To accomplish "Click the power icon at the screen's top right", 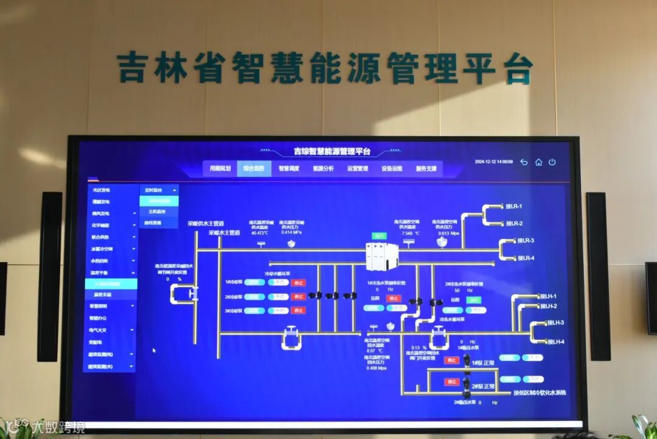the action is tap(552, 162).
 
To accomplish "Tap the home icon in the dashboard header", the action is tap(538, 162).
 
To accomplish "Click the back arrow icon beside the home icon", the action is tap(524, 162).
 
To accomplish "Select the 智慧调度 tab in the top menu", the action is tap(289, 168).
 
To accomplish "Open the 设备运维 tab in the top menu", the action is tap(392, 168).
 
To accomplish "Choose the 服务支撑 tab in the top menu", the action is tap(426, 168).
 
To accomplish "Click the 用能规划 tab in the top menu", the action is tap(220, 168).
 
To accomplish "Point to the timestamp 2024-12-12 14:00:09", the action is tap(493, 162).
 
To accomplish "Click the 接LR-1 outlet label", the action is tap(514, 207).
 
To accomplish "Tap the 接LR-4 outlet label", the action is tap(526, 258).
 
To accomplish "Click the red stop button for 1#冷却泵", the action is tap(298, 283).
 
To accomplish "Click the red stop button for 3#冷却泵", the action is tap(298, 311).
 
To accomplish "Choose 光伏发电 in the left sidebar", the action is tap(101, 190).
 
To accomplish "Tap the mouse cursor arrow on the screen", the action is tap(154, 350).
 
